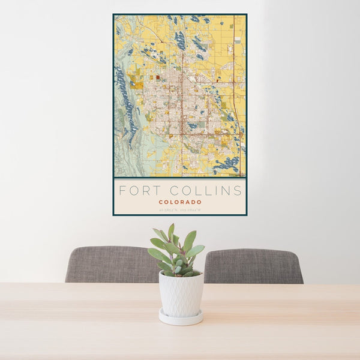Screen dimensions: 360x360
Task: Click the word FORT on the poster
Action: click(x=135, y=191)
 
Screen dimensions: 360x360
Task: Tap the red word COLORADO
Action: click(x=180, y=202)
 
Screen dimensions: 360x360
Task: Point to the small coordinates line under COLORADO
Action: click(x=180, y=209)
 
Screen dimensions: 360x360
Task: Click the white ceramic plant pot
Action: click(x=181, y=294)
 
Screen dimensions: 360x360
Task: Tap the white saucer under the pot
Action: click(x=181, y=318)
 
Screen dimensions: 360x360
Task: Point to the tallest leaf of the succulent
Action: click(x=171, y=230)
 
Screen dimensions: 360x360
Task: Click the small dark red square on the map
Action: click(x=158, y=77)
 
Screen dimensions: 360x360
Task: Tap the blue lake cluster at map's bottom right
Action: click(x=228, y=162)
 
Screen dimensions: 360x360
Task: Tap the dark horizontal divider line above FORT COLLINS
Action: click(x=180, y=178)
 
